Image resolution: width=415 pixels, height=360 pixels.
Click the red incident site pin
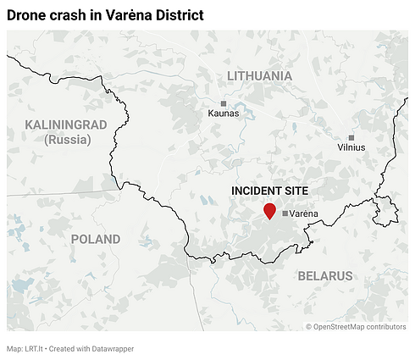(x=270, y=211)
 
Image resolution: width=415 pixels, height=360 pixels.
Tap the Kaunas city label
(x=224, y=114)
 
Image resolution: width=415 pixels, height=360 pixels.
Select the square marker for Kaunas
(x=224, y=103)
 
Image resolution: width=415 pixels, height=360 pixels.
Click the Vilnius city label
(x=351, y=147)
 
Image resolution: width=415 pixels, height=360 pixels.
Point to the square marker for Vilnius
(x=351, y=137)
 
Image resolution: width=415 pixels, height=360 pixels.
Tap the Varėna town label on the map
(x=304, y=213)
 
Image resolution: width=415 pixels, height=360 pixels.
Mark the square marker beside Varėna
(x=285, y=213)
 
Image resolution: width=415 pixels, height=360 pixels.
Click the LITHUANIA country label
(x=260, y=76)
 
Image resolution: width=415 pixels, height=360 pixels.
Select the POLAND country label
(x=96, y=239)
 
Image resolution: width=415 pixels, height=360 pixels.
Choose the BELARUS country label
(x=325, y=276)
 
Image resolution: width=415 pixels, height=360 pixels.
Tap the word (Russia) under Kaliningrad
(x=68, y=140)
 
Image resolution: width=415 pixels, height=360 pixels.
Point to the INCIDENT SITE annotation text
(x=269, y=191)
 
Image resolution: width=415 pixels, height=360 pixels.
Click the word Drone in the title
(x=27, y=15)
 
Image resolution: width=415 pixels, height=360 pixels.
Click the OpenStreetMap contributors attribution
(x=361, y=326)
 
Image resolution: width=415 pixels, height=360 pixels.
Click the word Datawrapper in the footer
(x=109, y=348)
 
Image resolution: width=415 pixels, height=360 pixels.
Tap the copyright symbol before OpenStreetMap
(x=310, y=326)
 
